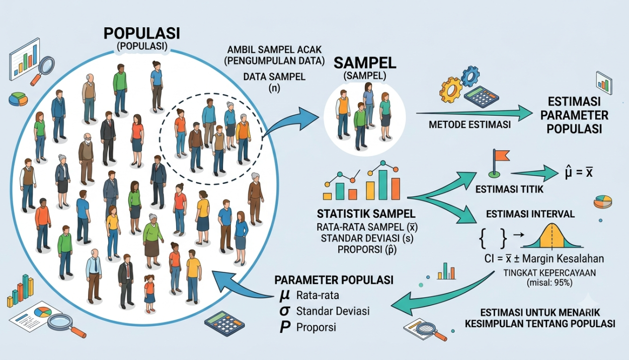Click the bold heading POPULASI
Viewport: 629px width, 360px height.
pyautogui.click(x=142, y=33)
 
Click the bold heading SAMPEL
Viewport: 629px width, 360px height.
pyautogui.click(x=365, y=63)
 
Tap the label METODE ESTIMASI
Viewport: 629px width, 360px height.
pyautogui.click(x=469, y=124)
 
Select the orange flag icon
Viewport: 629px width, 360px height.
pyautogui.click(x=499, y=163)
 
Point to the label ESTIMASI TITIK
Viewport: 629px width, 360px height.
pyautogui.click(x=509, y=189)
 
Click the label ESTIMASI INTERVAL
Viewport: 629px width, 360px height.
pyautogui.click(x=530, y=214)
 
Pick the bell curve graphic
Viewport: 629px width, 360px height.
pyautogui.click(x=552, y=236)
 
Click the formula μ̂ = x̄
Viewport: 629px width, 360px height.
pyautogui.click(x=579, y=172)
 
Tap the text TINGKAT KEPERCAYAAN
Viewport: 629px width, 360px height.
pyautogui.click(x=549, y=273)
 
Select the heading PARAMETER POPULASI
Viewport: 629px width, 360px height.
pyautogui.click(x=334, y=280)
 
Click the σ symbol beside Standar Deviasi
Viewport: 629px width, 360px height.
pyautogui.click(x=285, y=311)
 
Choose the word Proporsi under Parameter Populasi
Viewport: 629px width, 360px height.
pyautogui.click(x=316, y=327)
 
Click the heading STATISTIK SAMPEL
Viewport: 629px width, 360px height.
pyautogui.click(x=366, y=214)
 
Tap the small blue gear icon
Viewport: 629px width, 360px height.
pyautogui.click(x=470, y=76)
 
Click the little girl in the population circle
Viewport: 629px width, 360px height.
pyautogui.click(x=149, y=294)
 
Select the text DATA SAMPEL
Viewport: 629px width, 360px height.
pyautogui.click(x=274, y=77)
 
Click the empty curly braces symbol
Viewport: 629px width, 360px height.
pyautogui.click(x=492, y=238)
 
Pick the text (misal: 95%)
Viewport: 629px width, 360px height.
pyautogui.click(x=549, y=282)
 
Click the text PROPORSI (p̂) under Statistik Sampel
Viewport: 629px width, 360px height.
pyautogui.click(x=367, y=250)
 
